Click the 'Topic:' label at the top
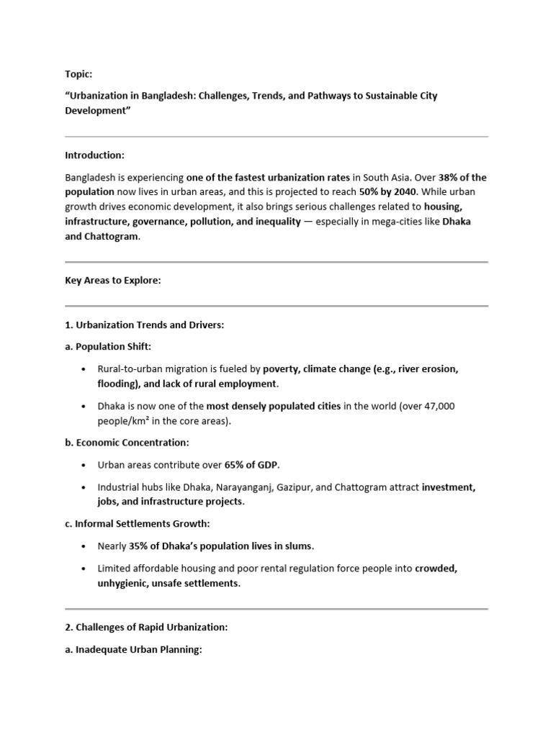click(78, 74)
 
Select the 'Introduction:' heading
click(94, 155)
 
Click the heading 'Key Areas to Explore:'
click(113, 281)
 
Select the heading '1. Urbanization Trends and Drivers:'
click(145, 325)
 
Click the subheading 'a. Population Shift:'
click(108, 347)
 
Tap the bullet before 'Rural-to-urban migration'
click(84, 369)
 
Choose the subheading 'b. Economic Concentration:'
click(127, 443)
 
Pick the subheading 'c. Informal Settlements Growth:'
click(138, 524)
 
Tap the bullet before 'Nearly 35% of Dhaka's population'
click(84, 546)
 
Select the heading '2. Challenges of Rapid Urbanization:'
click(146, 628)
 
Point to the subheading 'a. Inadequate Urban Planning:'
click(133, 650)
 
